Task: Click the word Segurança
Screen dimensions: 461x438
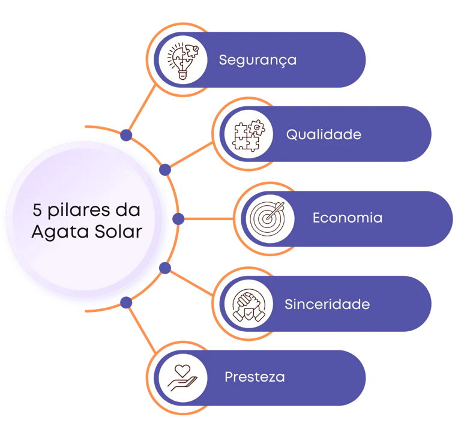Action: (x=258, y=60)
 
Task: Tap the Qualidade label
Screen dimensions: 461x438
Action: (x=324, y=134)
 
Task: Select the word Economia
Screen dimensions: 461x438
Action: (x=347, y=218)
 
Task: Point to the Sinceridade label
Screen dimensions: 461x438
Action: (x=327, y=304)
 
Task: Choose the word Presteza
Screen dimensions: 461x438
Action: (x=255, y=377)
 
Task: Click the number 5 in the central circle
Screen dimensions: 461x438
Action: (x=37, y=211)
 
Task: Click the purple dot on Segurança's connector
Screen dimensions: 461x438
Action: (x=126, y=135)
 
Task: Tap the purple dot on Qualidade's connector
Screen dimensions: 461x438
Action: (x=165, y=170)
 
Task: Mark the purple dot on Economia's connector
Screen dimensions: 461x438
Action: (x=178, y=219)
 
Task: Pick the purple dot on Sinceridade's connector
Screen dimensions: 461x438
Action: (x=165, y=268)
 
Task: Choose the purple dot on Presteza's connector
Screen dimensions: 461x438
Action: (x=126, y=302)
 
